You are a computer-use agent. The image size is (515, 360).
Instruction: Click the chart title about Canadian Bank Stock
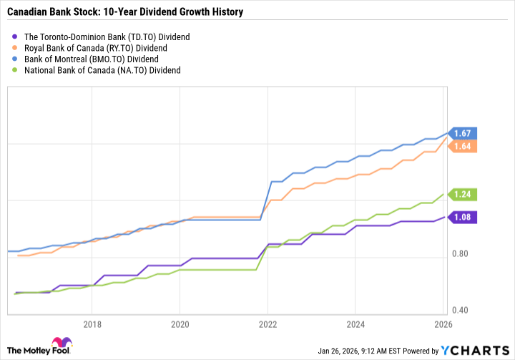(x=125, y=12)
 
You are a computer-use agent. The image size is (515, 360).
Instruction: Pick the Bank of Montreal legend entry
(x=91, y=59)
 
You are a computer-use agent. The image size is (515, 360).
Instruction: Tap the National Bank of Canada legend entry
(x=102, y=70)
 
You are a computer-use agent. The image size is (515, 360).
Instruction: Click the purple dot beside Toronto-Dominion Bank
(x=15, y=36)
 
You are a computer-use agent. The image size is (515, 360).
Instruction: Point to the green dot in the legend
(x=15, y=70)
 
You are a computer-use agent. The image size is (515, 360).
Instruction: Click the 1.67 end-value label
(x=463, y=133)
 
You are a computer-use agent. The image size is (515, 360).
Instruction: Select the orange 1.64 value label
(x=463, y=146)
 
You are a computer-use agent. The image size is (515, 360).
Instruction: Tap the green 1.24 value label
(x=463, y=194)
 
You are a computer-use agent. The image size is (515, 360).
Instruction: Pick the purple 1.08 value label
(x=463, y=217)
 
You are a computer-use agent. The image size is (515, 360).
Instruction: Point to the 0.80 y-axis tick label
(x=461, y=254)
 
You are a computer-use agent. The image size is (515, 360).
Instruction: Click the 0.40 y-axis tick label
(x=461, y=310)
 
